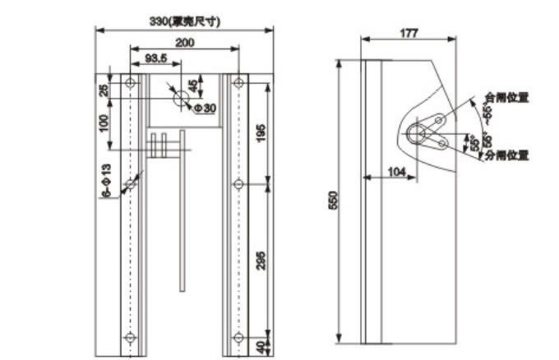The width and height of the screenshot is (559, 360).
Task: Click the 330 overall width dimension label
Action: pos(184,20)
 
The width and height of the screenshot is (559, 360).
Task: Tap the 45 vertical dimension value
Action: pos(193,86)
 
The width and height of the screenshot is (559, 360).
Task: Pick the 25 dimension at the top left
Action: pos(104,90)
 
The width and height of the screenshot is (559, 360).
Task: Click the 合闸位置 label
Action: pos(506,97)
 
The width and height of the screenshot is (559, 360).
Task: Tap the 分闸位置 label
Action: pos(506,155)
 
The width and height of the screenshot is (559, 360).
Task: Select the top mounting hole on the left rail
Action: pos(130,83)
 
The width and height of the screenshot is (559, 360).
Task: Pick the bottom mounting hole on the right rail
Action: pos(238,337)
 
